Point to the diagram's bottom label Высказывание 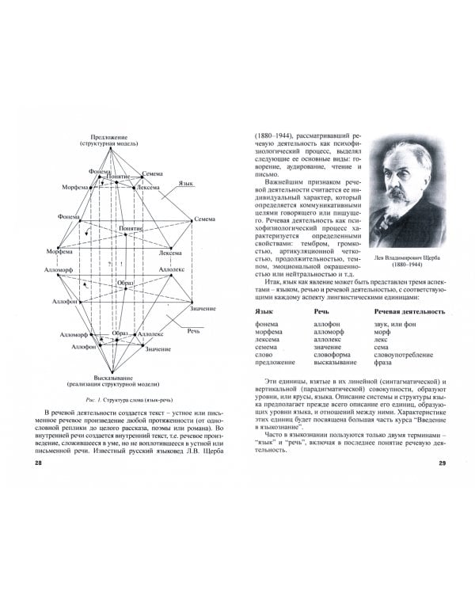[117, 376]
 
